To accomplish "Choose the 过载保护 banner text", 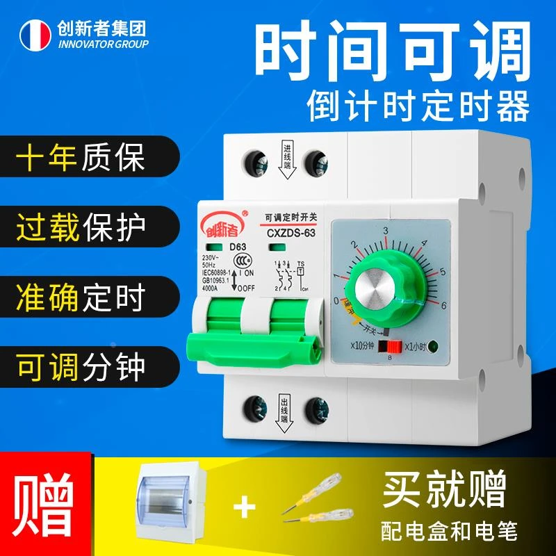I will coord(81,227).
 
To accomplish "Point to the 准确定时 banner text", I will coord(81,297).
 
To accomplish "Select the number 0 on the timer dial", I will coord(336,302).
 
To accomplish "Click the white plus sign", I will coord(243,508).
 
